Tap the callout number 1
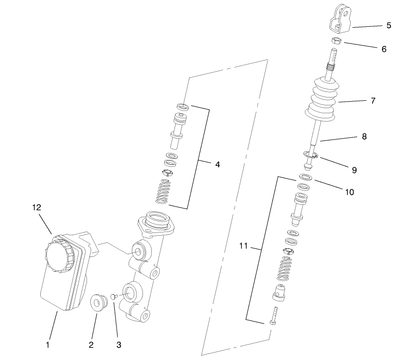[x=47, y=344]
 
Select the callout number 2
[x=91, y=344]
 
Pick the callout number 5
[x=389, y=25]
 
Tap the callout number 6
[x=384, y=49]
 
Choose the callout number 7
[x=373, y=100]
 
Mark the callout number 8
[x=364, y=137]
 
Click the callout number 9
[x=354, y=170]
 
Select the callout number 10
[x=349, y=192]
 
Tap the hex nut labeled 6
[x=336, y=41]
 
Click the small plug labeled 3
[x=112, y=295]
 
